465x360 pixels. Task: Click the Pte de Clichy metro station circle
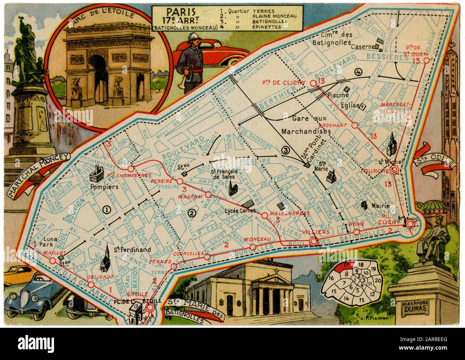click(x=313, y=83)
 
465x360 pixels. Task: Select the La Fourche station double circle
click(x=395, y=170)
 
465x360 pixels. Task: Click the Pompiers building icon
click(x=96, y=173)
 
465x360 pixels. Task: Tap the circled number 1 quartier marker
click(x=106, y=208)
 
